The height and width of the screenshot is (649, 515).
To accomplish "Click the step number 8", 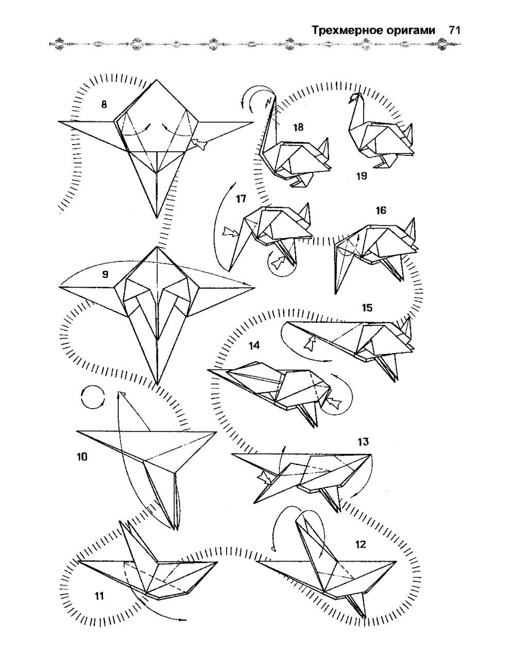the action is coord(104,104).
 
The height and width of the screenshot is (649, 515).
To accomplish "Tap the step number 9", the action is coord(105,275).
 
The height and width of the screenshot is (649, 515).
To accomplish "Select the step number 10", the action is coord(82,457).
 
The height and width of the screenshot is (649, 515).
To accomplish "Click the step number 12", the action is coord(360,545).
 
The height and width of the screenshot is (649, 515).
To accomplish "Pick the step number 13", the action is coord(363,442).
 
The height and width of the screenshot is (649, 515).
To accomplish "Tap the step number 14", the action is coord(254,345).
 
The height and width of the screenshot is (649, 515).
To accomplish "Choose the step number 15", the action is coord(367,308).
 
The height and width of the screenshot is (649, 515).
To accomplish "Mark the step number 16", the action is coord(381,210).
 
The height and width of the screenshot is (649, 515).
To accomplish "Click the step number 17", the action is coord(241,199).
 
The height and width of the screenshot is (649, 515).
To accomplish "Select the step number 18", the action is coord(298,127).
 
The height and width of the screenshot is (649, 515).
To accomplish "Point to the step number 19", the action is coord(362,176).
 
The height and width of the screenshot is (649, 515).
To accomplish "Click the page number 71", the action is coord(454,30).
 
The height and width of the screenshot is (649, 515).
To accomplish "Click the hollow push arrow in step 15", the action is coord(310,343).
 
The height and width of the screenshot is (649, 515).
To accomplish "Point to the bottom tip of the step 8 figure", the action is coord(157,218).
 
